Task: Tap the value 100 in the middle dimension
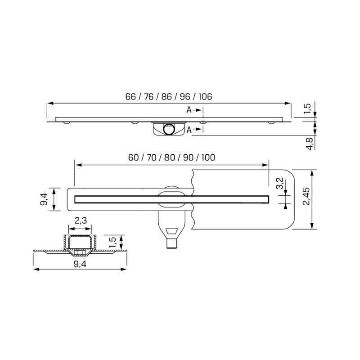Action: [208, 157]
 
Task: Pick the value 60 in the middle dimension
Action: [133, 157]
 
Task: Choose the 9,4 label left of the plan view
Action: [43, 198]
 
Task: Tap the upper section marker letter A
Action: [189, 109]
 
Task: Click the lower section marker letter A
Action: [189, 130]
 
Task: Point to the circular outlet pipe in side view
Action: [168, 129]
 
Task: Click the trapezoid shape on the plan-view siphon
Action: [172, 233]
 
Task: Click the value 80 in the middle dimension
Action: [170, 157]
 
